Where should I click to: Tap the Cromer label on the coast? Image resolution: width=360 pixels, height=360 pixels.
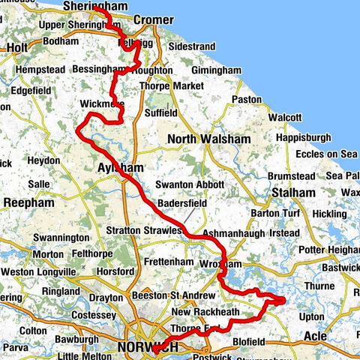click(152, 19)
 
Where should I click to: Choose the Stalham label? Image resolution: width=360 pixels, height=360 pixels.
click(292, 193)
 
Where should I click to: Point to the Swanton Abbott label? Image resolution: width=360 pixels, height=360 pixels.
click(189, 184)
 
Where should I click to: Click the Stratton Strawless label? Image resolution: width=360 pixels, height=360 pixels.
click(145, 231)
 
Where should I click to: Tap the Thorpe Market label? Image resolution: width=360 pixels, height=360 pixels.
click(172, 86)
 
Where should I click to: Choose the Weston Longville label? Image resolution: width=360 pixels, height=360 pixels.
click(38, 271)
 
